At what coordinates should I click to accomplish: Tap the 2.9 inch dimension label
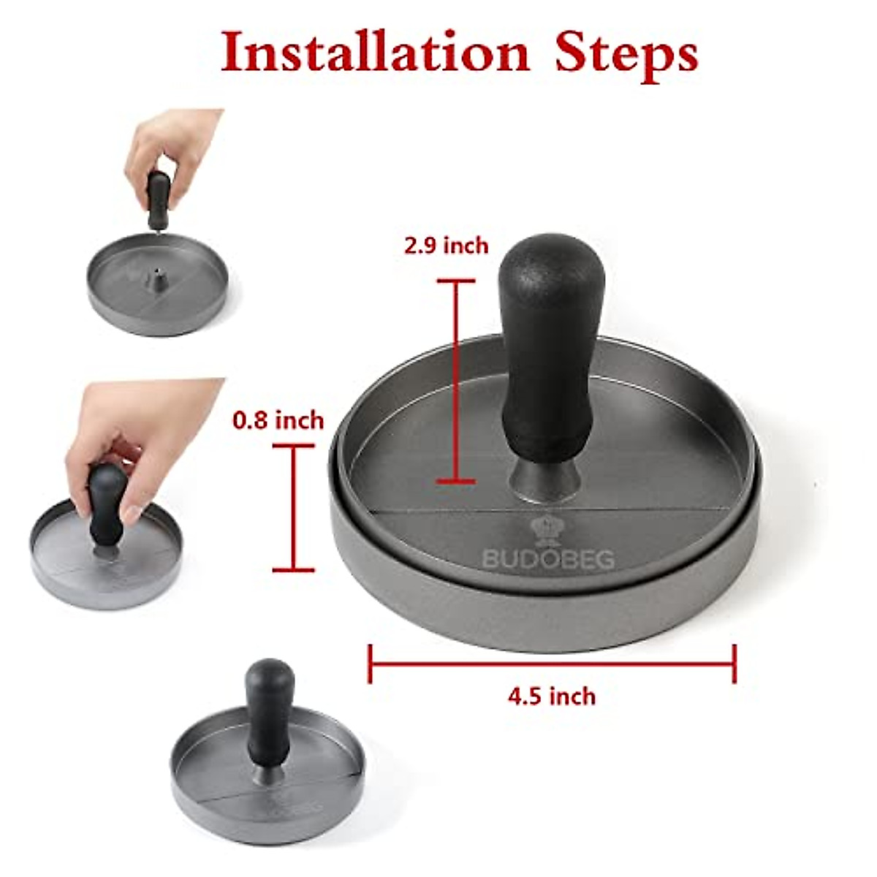tap(446, 246)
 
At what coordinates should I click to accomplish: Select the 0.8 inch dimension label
tap(278, 420)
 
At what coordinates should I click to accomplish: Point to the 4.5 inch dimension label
tap(552, 696)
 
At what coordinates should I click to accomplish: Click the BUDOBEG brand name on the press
tap(547, 559)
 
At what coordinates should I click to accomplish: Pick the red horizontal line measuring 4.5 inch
tap(552, 664)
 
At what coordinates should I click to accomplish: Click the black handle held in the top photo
tap(159, 197)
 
